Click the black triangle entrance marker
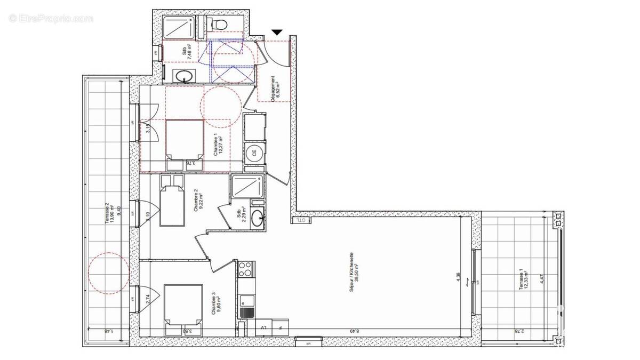[276, 33]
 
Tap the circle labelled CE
[254, 153]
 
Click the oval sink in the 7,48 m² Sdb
[185, 75]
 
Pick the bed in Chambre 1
[185, 139]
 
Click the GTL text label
[301, 219]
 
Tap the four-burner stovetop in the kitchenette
[245, 269]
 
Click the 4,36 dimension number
[458, 278]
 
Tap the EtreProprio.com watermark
[51, 18]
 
